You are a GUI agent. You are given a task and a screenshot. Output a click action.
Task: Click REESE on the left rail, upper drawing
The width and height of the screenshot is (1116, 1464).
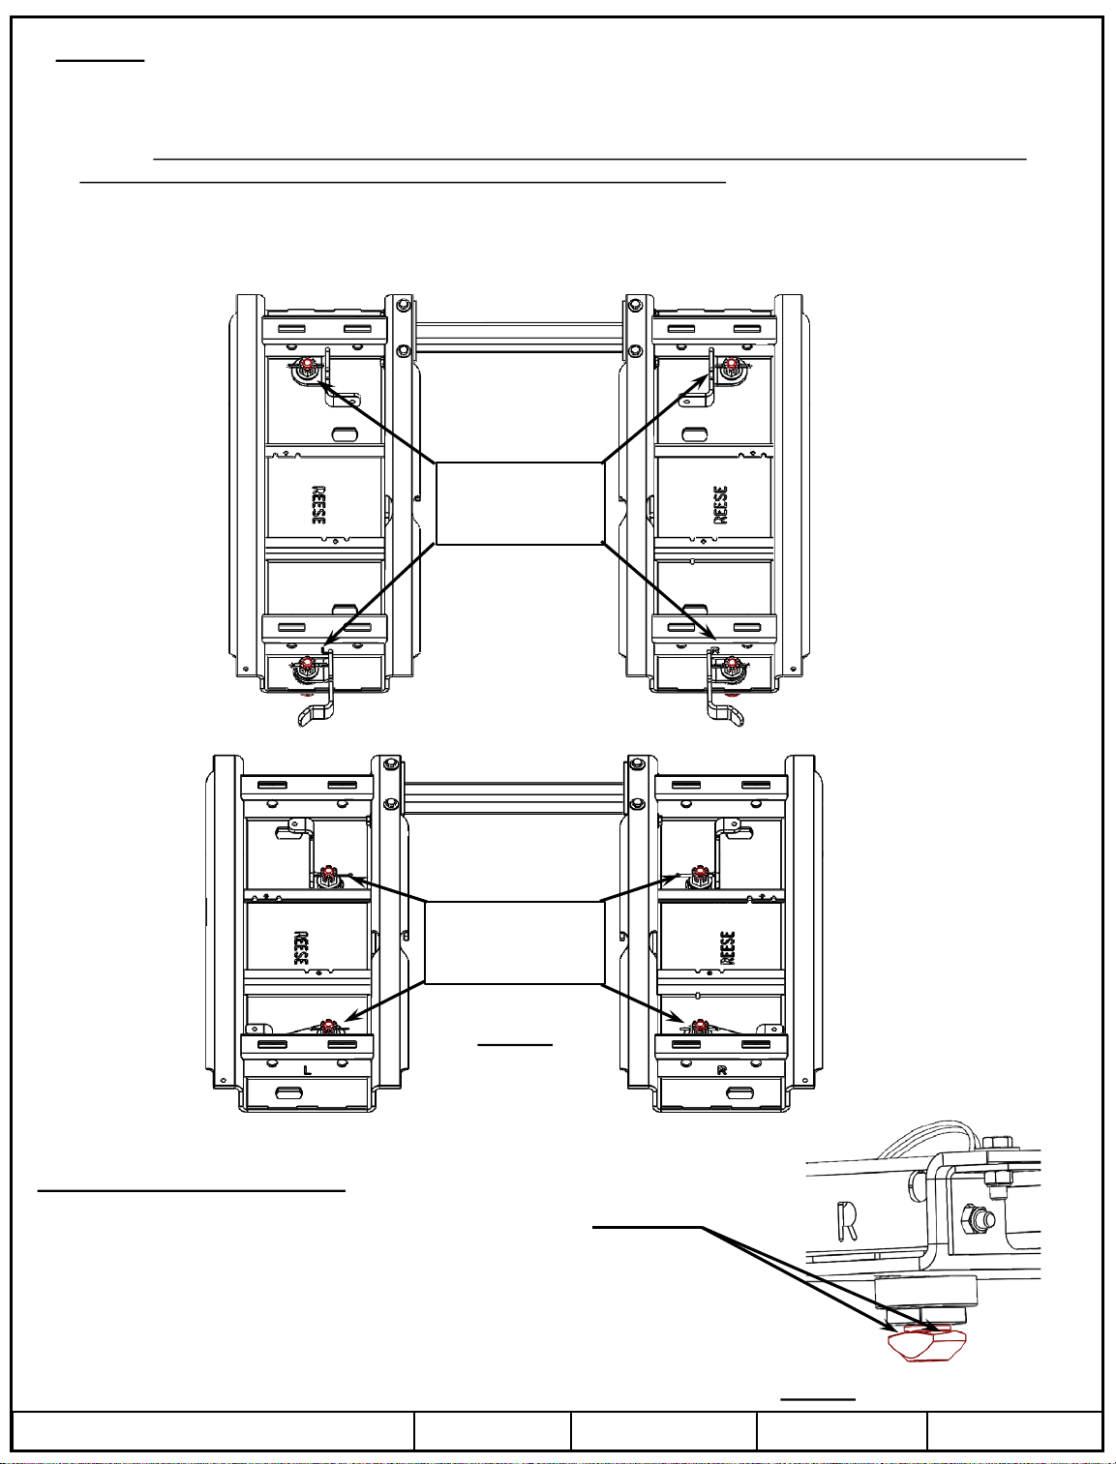point(318,505)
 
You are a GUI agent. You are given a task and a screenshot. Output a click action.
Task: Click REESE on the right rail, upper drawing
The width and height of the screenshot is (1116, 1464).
point(720,505)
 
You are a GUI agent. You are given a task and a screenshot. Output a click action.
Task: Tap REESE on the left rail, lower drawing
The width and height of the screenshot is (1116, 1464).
point(301,949)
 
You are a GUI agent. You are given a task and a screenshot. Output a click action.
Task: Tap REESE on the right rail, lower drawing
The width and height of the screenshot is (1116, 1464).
point(729,947)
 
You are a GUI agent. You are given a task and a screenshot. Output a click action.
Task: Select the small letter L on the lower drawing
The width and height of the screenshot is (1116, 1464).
point(307,1070)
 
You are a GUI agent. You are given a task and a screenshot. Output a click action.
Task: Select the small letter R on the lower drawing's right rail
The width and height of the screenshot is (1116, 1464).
point(722,1070)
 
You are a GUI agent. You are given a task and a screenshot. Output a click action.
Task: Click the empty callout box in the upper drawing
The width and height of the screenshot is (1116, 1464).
point(519,503)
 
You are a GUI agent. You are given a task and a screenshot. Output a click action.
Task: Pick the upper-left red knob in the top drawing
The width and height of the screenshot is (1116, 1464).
point(307,364)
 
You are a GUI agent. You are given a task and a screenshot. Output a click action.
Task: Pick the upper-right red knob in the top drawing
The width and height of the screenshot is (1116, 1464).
point(732,364)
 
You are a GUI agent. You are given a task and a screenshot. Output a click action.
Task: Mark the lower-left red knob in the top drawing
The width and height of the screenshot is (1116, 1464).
point(307,664)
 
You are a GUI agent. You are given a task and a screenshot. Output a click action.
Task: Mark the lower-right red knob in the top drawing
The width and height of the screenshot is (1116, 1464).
point(732,664)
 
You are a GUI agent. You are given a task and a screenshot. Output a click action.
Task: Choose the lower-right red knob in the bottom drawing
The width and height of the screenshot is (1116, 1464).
point(699,1026)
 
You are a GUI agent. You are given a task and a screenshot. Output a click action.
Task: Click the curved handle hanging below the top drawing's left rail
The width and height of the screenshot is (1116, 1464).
point(317,713)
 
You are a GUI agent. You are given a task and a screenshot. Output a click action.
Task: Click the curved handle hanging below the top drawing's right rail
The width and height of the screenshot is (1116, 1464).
point(726,713)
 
